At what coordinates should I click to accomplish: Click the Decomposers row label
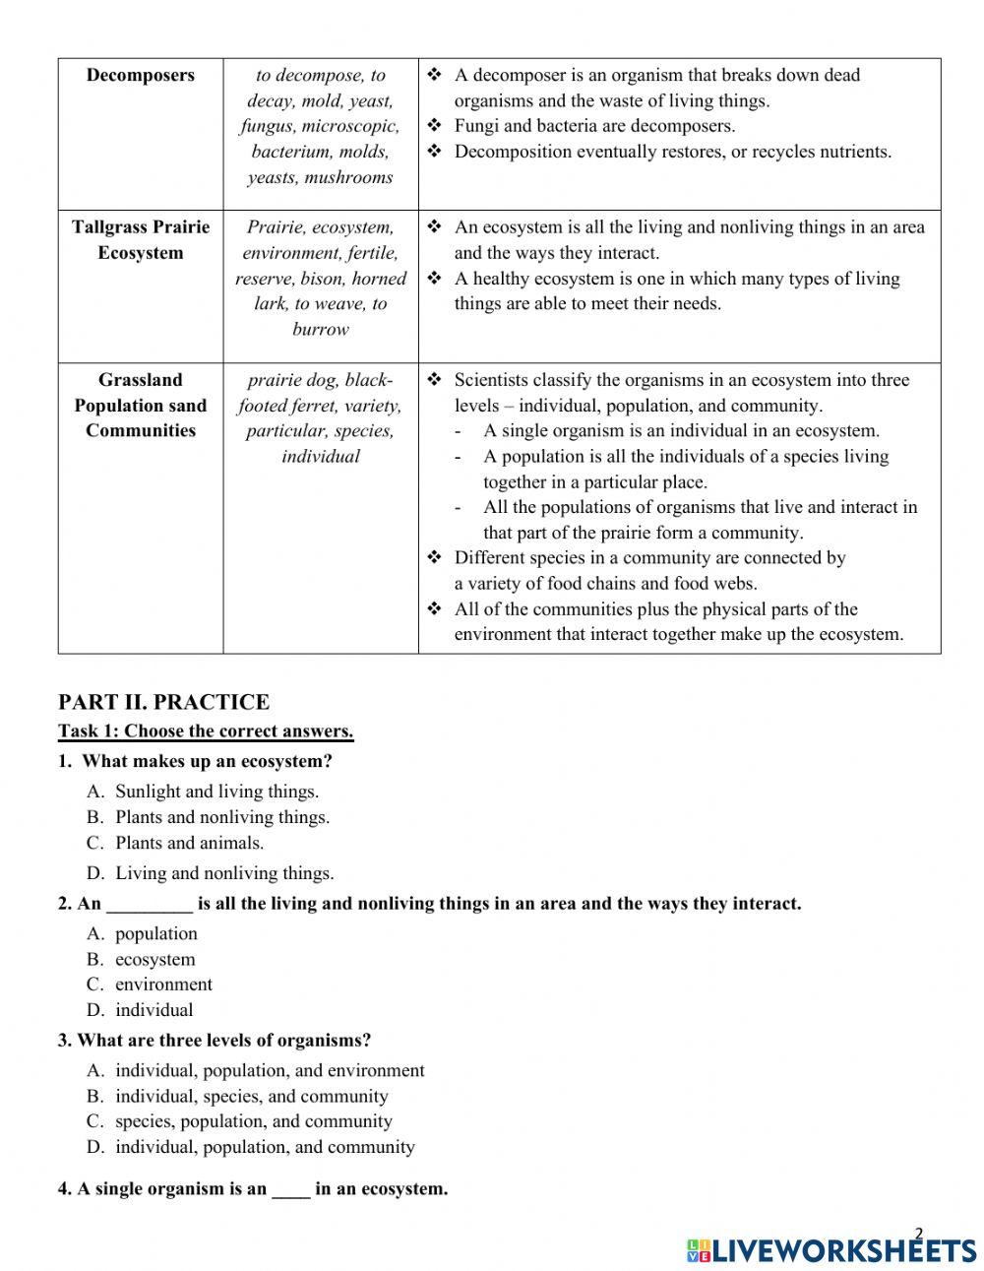pyautogui.click(x=140, y=76)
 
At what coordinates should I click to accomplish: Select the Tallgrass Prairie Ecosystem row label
pyautogui.click(x=140, y=239)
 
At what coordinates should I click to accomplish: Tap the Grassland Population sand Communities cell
pyautogui.click(x=140, y=405)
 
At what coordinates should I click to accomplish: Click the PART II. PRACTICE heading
pyautogui.click(x=163, y=702)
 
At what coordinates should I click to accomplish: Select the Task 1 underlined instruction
pyautogui.click(x=206, y=731)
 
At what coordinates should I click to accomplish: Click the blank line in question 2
pyautogui.click(x=149, y=904)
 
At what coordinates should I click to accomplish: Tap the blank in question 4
pyautogui.click(x=290, y=1189)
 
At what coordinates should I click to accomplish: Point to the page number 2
pyautogui.click(x=919, y=1234)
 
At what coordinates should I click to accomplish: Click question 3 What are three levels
pyautogui.click(x=215, y=1041)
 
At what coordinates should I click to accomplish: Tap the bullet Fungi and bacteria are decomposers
pyautogui.click(x=594, y=126)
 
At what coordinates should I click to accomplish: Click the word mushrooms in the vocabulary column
pyautogui.click(x=348, y=177)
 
